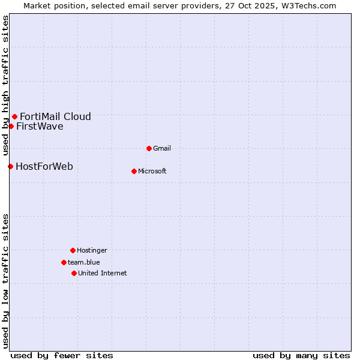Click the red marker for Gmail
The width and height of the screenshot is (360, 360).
point(149,148)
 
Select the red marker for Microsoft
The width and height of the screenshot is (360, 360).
point(134,171)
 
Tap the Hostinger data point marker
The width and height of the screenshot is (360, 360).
point(73,250)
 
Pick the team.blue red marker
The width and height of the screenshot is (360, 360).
point(64,262)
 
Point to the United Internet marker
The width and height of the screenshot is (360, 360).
point(74,273)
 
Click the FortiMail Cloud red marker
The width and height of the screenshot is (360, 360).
point(14,116)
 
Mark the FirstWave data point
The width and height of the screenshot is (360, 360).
point(11,126)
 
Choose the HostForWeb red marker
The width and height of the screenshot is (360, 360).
point(10,166)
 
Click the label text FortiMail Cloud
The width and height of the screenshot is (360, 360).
point(55,116)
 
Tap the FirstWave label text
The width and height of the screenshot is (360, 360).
point(40,126)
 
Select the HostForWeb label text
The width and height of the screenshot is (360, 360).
point(44,166)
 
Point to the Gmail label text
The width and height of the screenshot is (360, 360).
point(162,148)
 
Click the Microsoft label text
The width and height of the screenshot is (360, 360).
point(152,171)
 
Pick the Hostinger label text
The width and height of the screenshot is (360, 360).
point(92,250)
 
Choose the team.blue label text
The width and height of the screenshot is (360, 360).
point(84,262)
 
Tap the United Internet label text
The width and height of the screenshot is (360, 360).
point(103,273)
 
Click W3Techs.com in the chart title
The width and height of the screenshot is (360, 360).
point(307,5)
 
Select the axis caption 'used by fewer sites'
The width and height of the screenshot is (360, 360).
point(62,355)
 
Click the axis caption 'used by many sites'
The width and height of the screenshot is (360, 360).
point(301,355)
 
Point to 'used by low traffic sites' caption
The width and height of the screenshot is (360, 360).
point(5,280)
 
